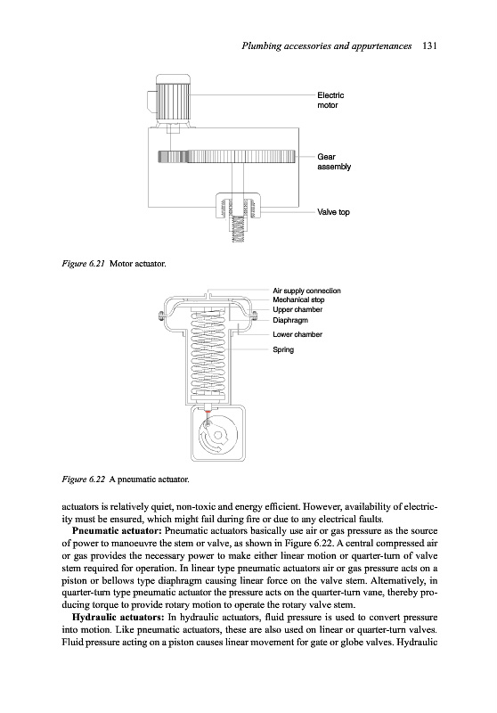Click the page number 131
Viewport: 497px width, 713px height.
pos(429,45)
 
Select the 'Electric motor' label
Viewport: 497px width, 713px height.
pos(330,100)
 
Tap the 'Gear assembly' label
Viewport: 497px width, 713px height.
pos(334,161)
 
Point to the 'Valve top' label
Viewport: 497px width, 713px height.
pos(333,212)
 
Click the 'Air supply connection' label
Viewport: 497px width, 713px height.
pos(306,291)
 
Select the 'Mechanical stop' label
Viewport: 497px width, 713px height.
pos(298,299)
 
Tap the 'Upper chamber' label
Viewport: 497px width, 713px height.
pos(297,309)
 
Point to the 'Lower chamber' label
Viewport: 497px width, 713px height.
pos(297,334)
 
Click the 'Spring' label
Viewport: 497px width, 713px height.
pos(283,349)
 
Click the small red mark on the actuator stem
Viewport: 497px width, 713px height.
pos(208,410)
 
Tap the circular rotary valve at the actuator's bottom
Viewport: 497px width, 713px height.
pos(218,435)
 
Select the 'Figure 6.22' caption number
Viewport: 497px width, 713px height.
pos(84,479)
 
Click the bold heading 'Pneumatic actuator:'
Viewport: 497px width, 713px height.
pos(118,531)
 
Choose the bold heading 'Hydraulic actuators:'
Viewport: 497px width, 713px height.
pos(118,617)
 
